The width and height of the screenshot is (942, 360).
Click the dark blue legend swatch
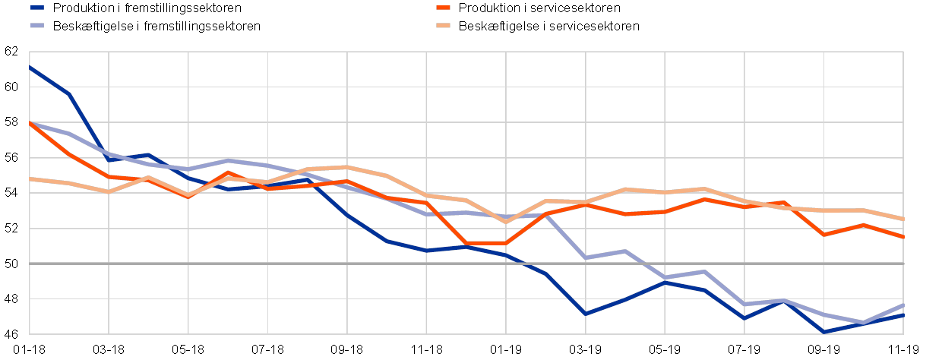pos(37,8)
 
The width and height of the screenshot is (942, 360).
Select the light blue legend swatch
pos(37,25)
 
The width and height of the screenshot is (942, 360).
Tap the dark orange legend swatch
pos(444,8)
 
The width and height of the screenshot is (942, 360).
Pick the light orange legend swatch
pos(444,25)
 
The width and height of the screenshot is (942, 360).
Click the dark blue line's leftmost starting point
pos(30,67)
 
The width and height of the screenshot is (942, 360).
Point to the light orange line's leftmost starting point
pos(30,178)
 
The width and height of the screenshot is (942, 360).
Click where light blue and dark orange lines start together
pos(30,122)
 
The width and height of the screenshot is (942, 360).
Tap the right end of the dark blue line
pos(903,314)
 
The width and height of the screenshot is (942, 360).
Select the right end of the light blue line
pos(903,305)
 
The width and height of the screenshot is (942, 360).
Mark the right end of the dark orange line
pos(903,237)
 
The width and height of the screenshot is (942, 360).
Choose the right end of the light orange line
pos(903,219)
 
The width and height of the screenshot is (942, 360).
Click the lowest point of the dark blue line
pos(824,332)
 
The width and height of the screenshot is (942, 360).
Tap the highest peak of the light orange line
pos(346,166)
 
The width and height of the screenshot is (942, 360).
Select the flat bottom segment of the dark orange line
pos(485,243)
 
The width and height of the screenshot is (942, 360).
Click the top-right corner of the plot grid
pos(903,52)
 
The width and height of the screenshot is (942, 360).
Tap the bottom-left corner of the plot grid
pos(30,333)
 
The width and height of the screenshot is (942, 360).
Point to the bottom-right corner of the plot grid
pos(903,333)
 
